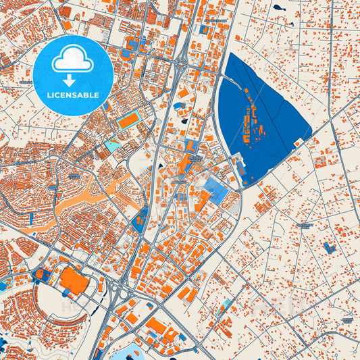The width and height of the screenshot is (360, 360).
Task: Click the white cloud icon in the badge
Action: [72, 59]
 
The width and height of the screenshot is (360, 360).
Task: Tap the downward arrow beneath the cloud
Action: [72, 80]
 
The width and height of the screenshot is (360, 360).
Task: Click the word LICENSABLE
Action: [72, 95]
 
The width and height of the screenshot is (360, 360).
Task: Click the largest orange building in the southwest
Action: [73, 280]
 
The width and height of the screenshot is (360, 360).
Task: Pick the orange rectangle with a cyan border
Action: [128, 121]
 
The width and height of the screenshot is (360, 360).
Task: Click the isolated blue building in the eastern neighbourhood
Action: [329, 247]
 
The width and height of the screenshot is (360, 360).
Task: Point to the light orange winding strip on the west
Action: [81, 203]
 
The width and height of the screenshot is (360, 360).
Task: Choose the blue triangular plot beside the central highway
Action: [141, 219]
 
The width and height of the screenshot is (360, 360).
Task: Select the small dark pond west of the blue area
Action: [184, 122]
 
